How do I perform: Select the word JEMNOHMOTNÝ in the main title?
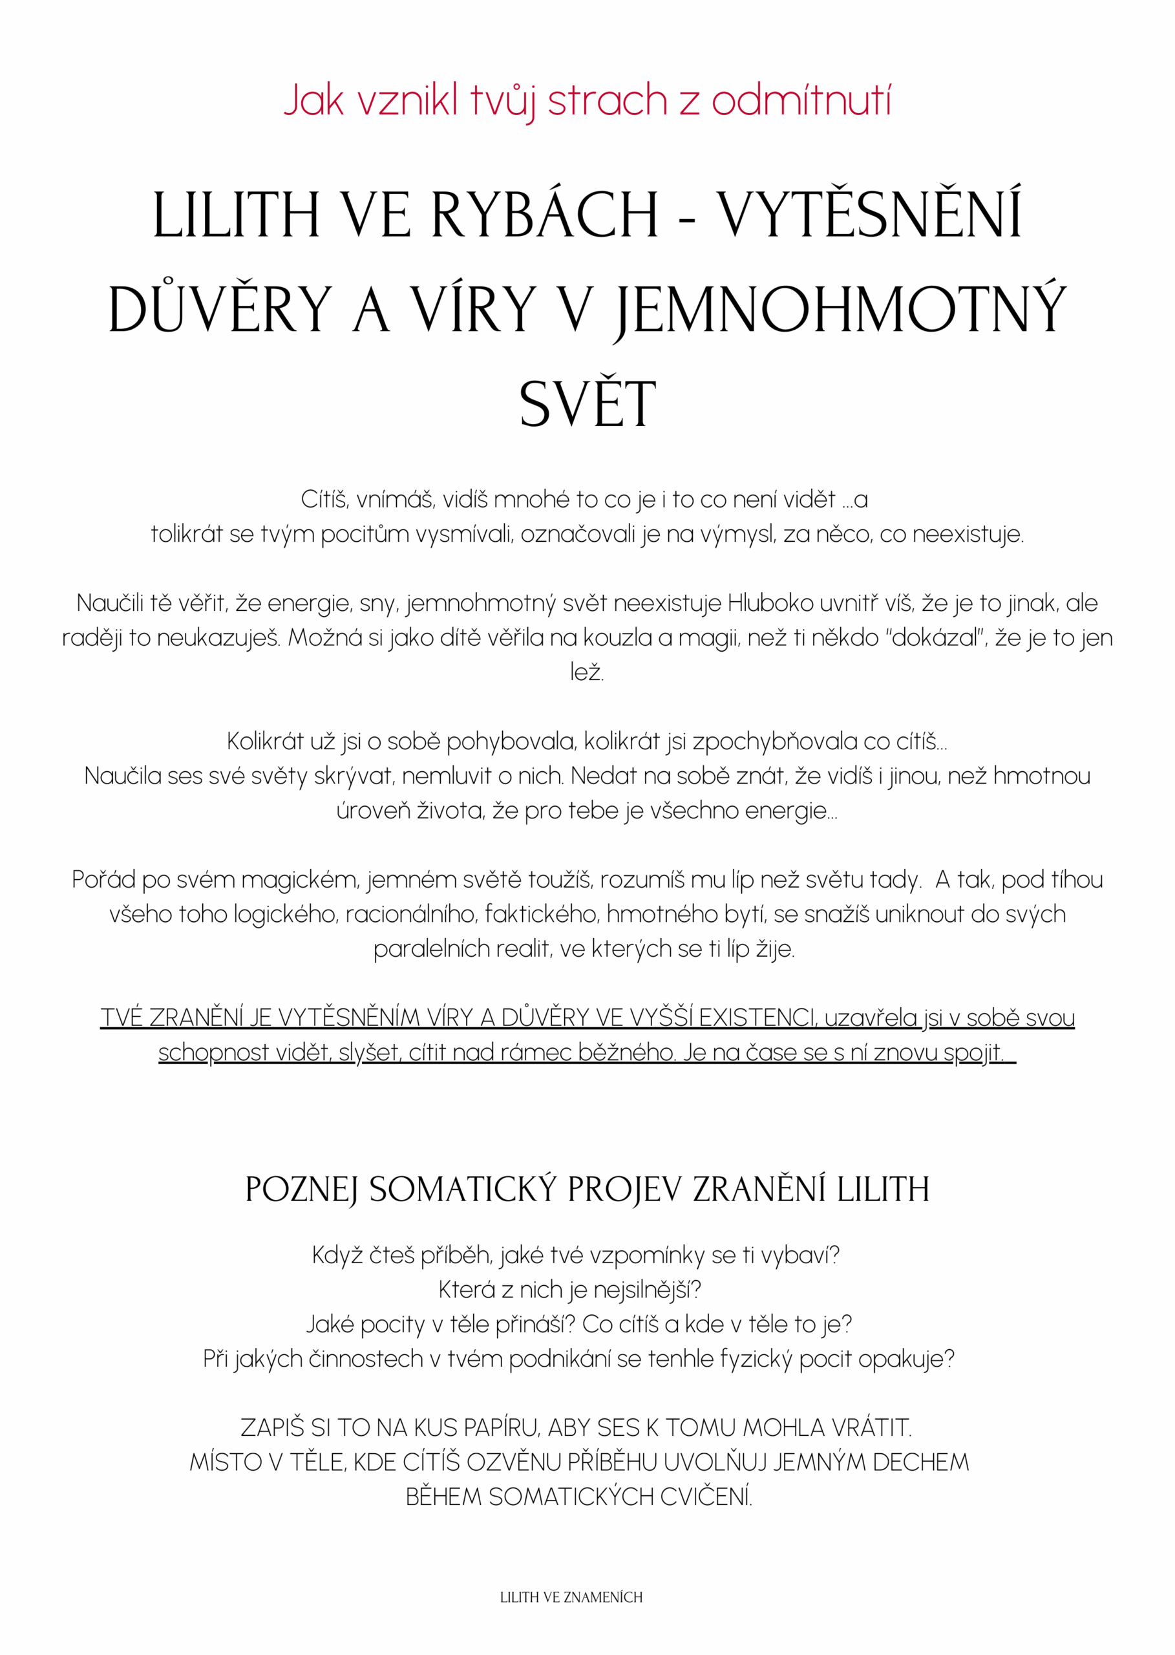[x=840, y=310]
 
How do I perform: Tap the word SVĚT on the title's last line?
[x=587, y=404]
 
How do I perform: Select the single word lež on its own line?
[x=586, y=672]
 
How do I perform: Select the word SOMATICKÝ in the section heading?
[x=463, y=1190]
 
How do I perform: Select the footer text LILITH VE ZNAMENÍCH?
[x=571, y=1597]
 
